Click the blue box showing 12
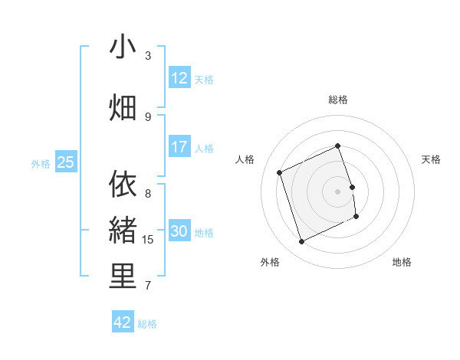[x=179, y=78]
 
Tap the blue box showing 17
[x=179, y=147]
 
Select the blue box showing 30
[x=179, y=231]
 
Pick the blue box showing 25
[x=66, y=162]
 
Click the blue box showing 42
[x=123, y=322]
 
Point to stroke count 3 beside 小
[x=148, y=56]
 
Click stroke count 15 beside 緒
[x=148, y=240]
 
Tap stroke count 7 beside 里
[x=148, y=286]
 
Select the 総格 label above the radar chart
[x=338, y=100]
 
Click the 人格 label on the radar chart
[x=245, y=159]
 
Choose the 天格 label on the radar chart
[x=432, y=159]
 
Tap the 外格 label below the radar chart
[x=270, y=262]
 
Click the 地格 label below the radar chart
[x=402, y=262]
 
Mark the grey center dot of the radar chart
[x=338, y=191]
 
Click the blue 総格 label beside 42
[x=147, y=324]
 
